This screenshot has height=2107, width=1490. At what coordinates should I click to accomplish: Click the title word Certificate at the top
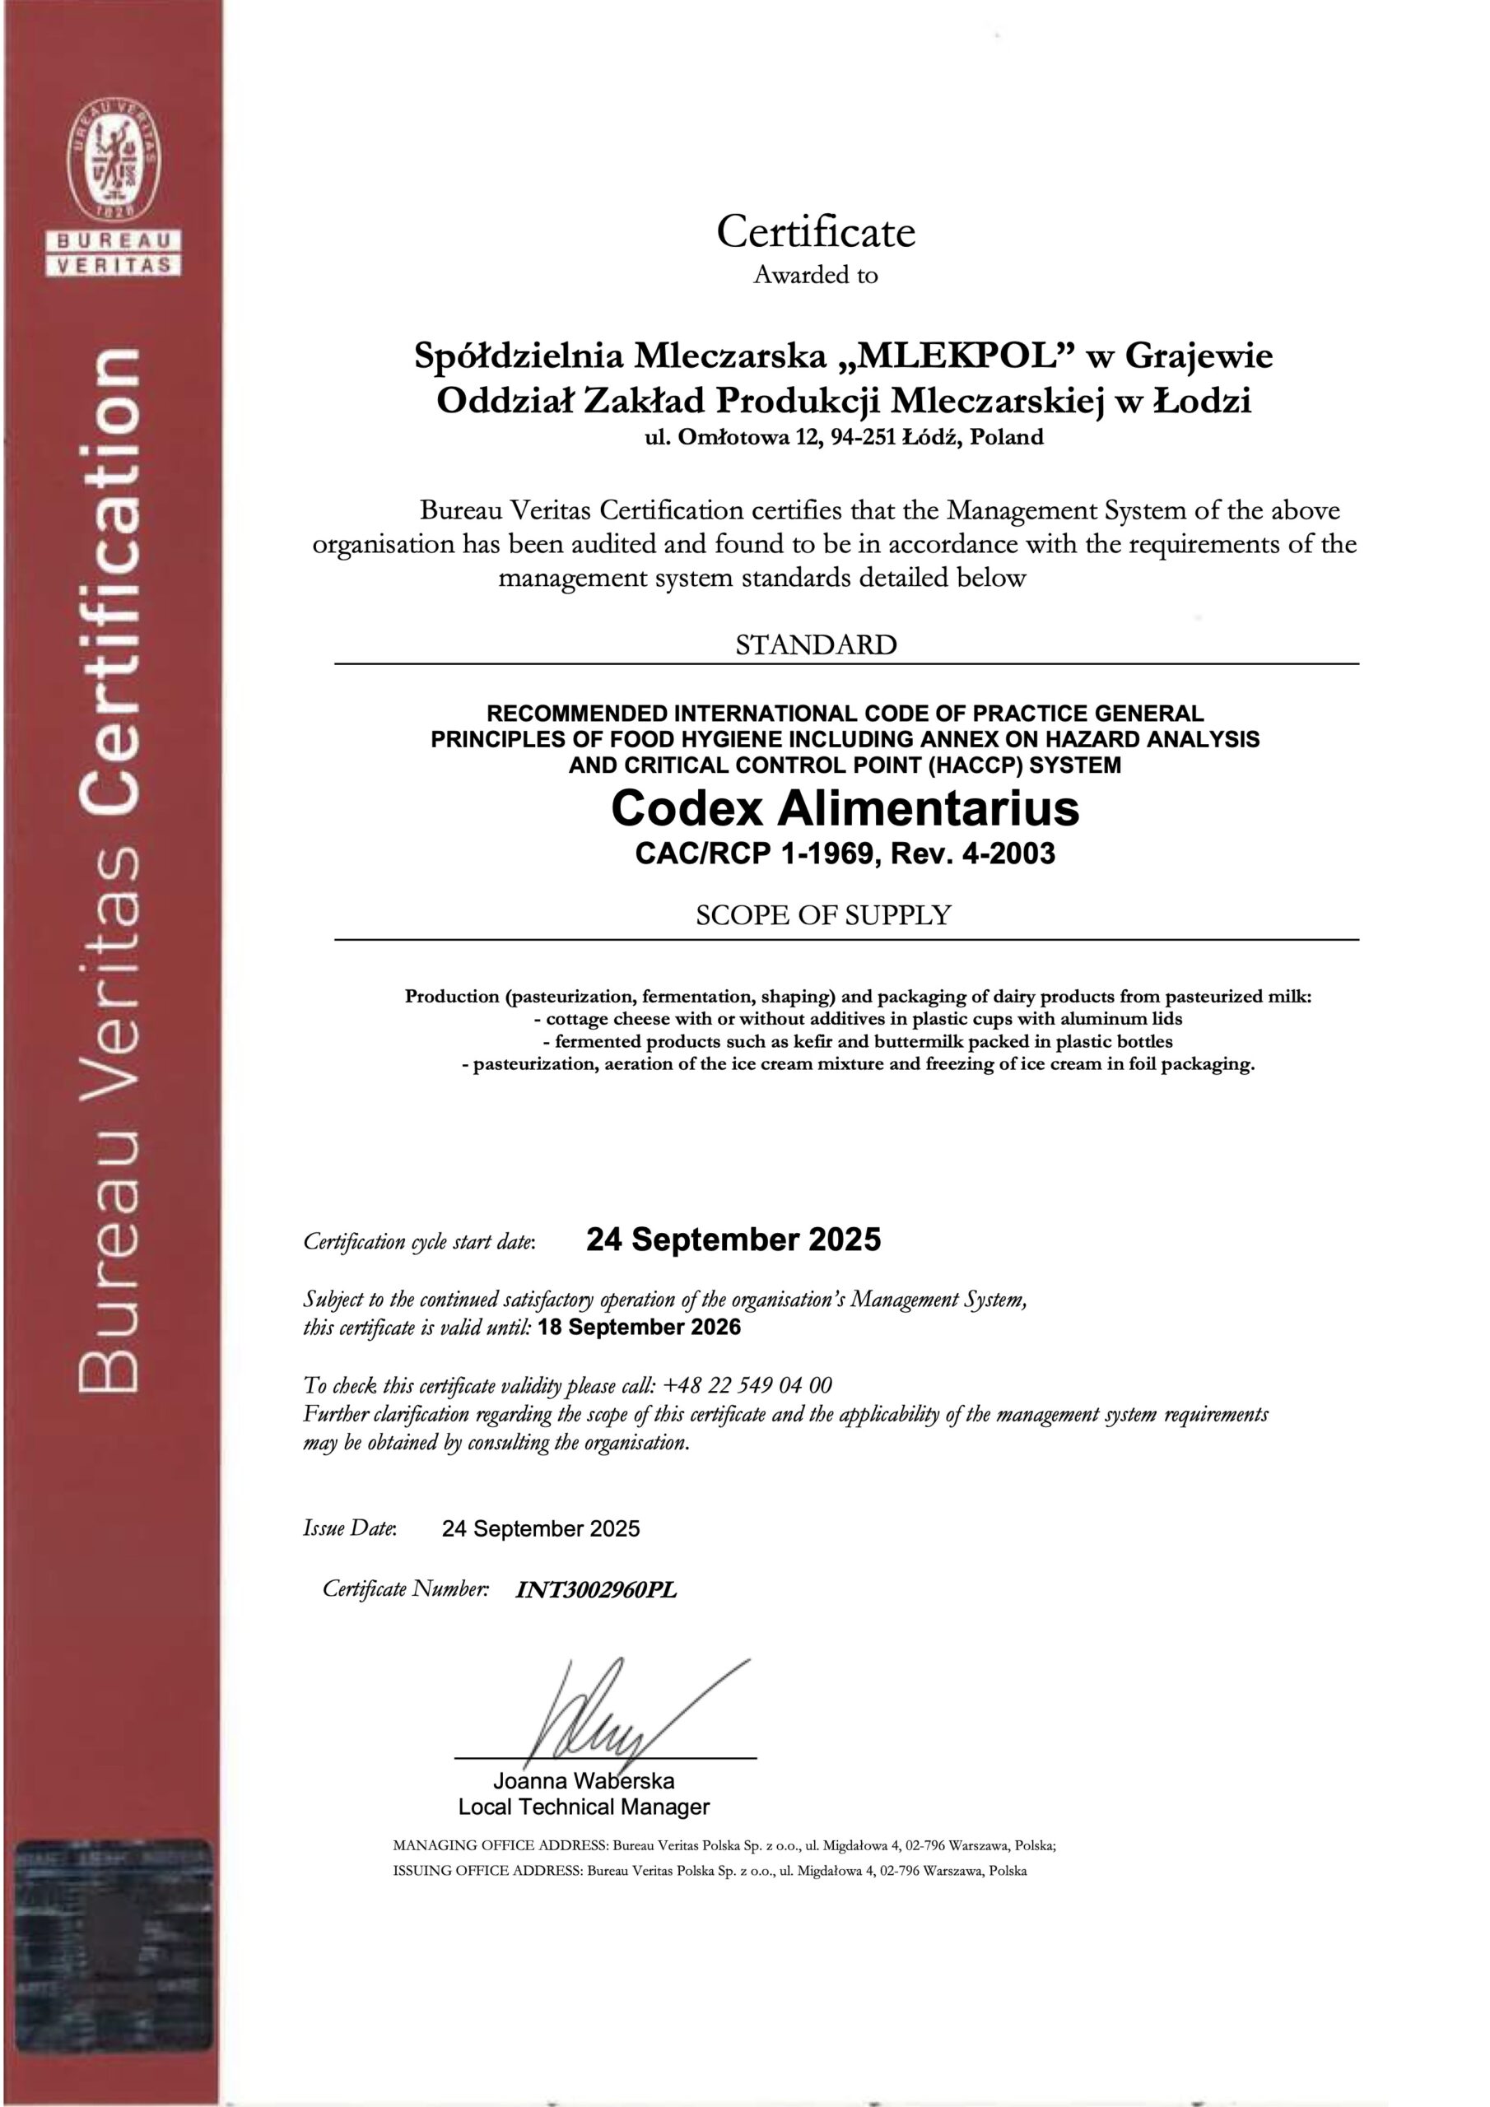pyautogui.click(x=815, y=231)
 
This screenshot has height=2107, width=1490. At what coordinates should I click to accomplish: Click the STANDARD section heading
pyautogui.click(x=815, y=644)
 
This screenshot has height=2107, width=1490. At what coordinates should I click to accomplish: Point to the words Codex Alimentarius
pyautogui.click(x=845, y=808)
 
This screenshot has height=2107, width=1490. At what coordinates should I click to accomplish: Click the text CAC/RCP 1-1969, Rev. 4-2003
pyautogui.click(x=845, y=854)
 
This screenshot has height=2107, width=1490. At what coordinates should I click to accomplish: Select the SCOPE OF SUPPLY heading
pyautogui.click(x=822, y=915)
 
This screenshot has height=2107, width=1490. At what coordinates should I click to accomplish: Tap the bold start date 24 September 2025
pyautogui.click(x=733, y=1240)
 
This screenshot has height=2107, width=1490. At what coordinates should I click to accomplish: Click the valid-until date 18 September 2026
pyautogui.click(x=639, y=1327)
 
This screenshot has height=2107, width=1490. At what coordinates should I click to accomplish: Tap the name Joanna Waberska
pyautogui.click(x=584, y=1781)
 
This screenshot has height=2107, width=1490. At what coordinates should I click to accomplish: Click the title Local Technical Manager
pyautogui.click(x=584, y=1807)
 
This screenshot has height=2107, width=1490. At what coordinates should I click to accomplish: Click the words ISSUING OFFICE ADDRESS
pyautogui.click(x=487, y=1870)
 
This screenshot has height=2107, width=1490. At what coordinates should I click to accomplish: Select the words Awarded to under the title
pyautogui.click(x=815, y=275)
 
